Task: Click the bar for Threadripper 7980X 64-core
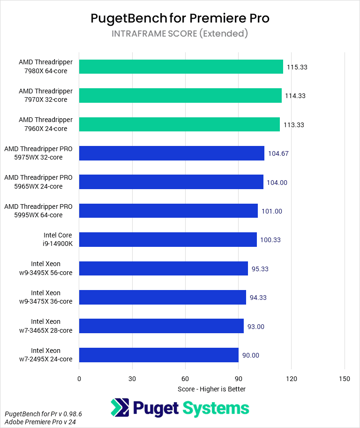tap(181, 67)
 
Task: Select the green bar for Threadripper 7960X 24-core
tap(180, 124)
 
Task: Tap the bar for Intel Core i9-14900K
tap(168, 239)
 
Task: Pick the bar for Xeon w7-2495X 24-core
tap(159, 355)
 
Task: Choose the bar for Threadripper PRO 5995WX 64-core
tap(168, 211)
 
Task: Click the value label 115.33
tap(297, 67)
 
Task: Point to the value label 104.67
tap(278, 153)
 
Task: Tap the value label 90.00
tap(251, 355)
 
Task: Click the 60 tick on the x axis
tap(185, 379)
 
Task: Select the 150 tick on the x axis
tap(345, 379)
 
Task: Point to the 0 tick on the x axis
tap(79, 379)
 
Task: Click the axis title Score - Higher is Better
tap(212, 389)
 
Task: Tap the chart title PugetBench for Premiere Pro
tap(180, 18)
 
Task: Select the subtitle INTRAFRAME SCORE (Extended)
tap(180, 33)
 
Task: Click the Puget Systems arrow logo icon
tap(120, 407)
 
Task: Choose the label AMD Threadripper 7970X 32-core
tap(46, 95)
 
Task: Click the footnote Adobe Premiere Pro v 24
tap(40, 422)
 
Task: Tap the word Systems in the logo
tap(216, 407)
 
